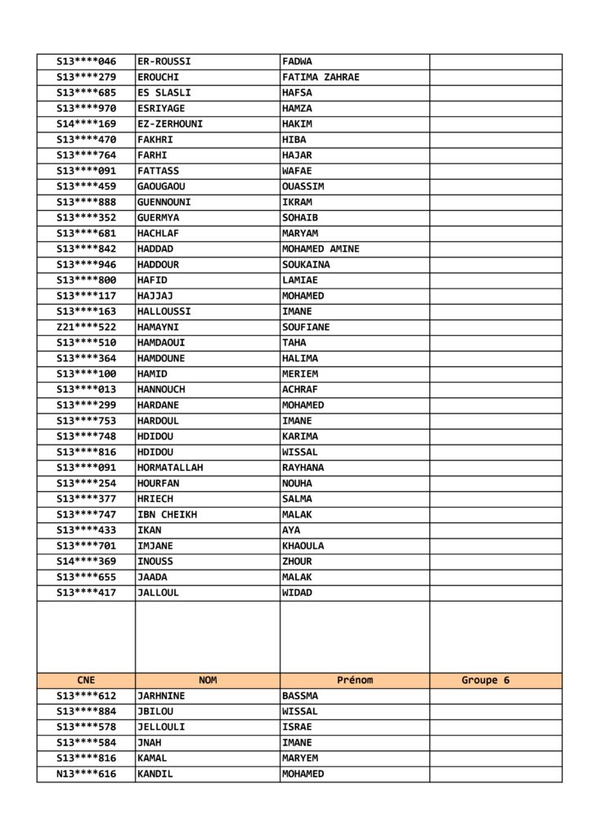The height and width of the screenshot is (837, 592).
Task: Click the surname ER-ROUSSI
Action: [x=164, y=61]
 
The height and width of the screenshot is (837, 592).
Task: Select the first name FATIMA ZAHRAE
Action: [x=321, y=77]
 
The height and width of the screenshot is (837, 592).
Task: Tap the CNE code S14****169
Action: [x=86, y=124]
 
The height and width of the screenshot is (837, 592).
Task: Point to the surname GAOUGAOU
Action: [x=161, y=186]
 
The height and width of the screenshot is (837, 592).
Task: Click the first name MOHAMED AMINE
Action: [x=321, y=249]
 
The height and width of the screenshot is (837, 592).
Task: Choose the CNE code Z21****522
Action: [x=86, y=327]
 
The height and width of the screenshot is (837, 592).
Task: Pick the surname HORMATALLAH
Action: [x=170, y=468]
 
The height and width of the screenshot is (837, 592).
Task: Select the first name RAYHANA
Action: [x=303, y=468]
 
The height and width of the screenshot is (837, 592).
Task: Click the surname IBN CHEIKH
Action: [x=167, y=515]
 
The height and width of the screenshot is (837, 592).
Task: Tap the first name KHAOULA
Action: [x=303, y=546]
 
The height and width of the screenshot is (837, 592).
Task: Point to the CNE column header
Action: [x=86, y=680]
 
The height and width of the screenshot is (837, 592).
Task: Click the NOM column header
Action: [x=208, y=680]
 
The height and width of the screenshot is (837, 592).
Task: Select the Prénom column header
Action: [x=355, y=680]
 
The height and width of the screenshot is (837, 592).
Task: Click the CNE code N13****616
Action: [x=86, y=774]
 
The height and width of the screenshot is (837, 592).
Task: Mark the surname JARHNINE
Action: [x=161, y=696]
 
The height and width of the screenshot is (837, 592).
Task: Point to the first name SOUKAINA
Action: [x=306, y=265]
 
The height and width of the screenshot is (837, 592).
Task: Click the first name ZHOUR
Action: [x=297, y=562]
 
